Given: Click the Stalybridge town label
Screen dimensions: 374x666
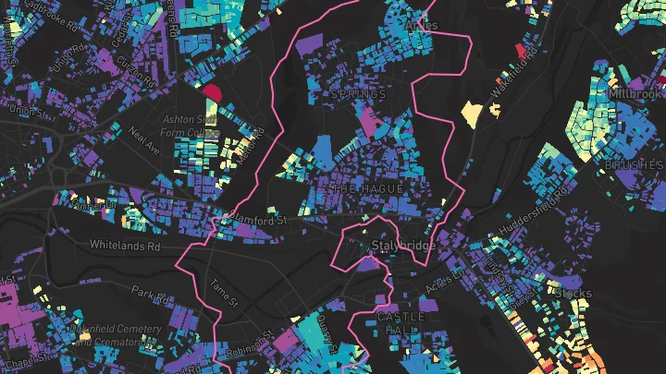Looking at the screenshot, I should coord(401,247).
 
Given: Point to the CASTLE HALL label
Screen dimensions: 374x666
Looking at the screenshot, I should coord(401,323).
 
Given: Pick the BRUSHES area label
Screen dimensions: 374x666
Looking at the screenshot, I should coord(633,164).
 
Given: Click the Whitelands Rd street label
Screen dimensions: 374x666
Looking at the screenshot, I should coord(125,245).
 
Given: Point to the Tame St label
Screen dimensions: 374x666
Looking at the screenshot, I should coord(225,295).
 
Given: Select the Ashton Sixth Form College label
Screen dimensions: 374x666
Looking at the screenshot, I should coord(190,126).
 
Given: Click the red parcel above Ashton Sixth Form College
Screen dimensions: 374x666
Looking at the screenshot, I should coord(210,91).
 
